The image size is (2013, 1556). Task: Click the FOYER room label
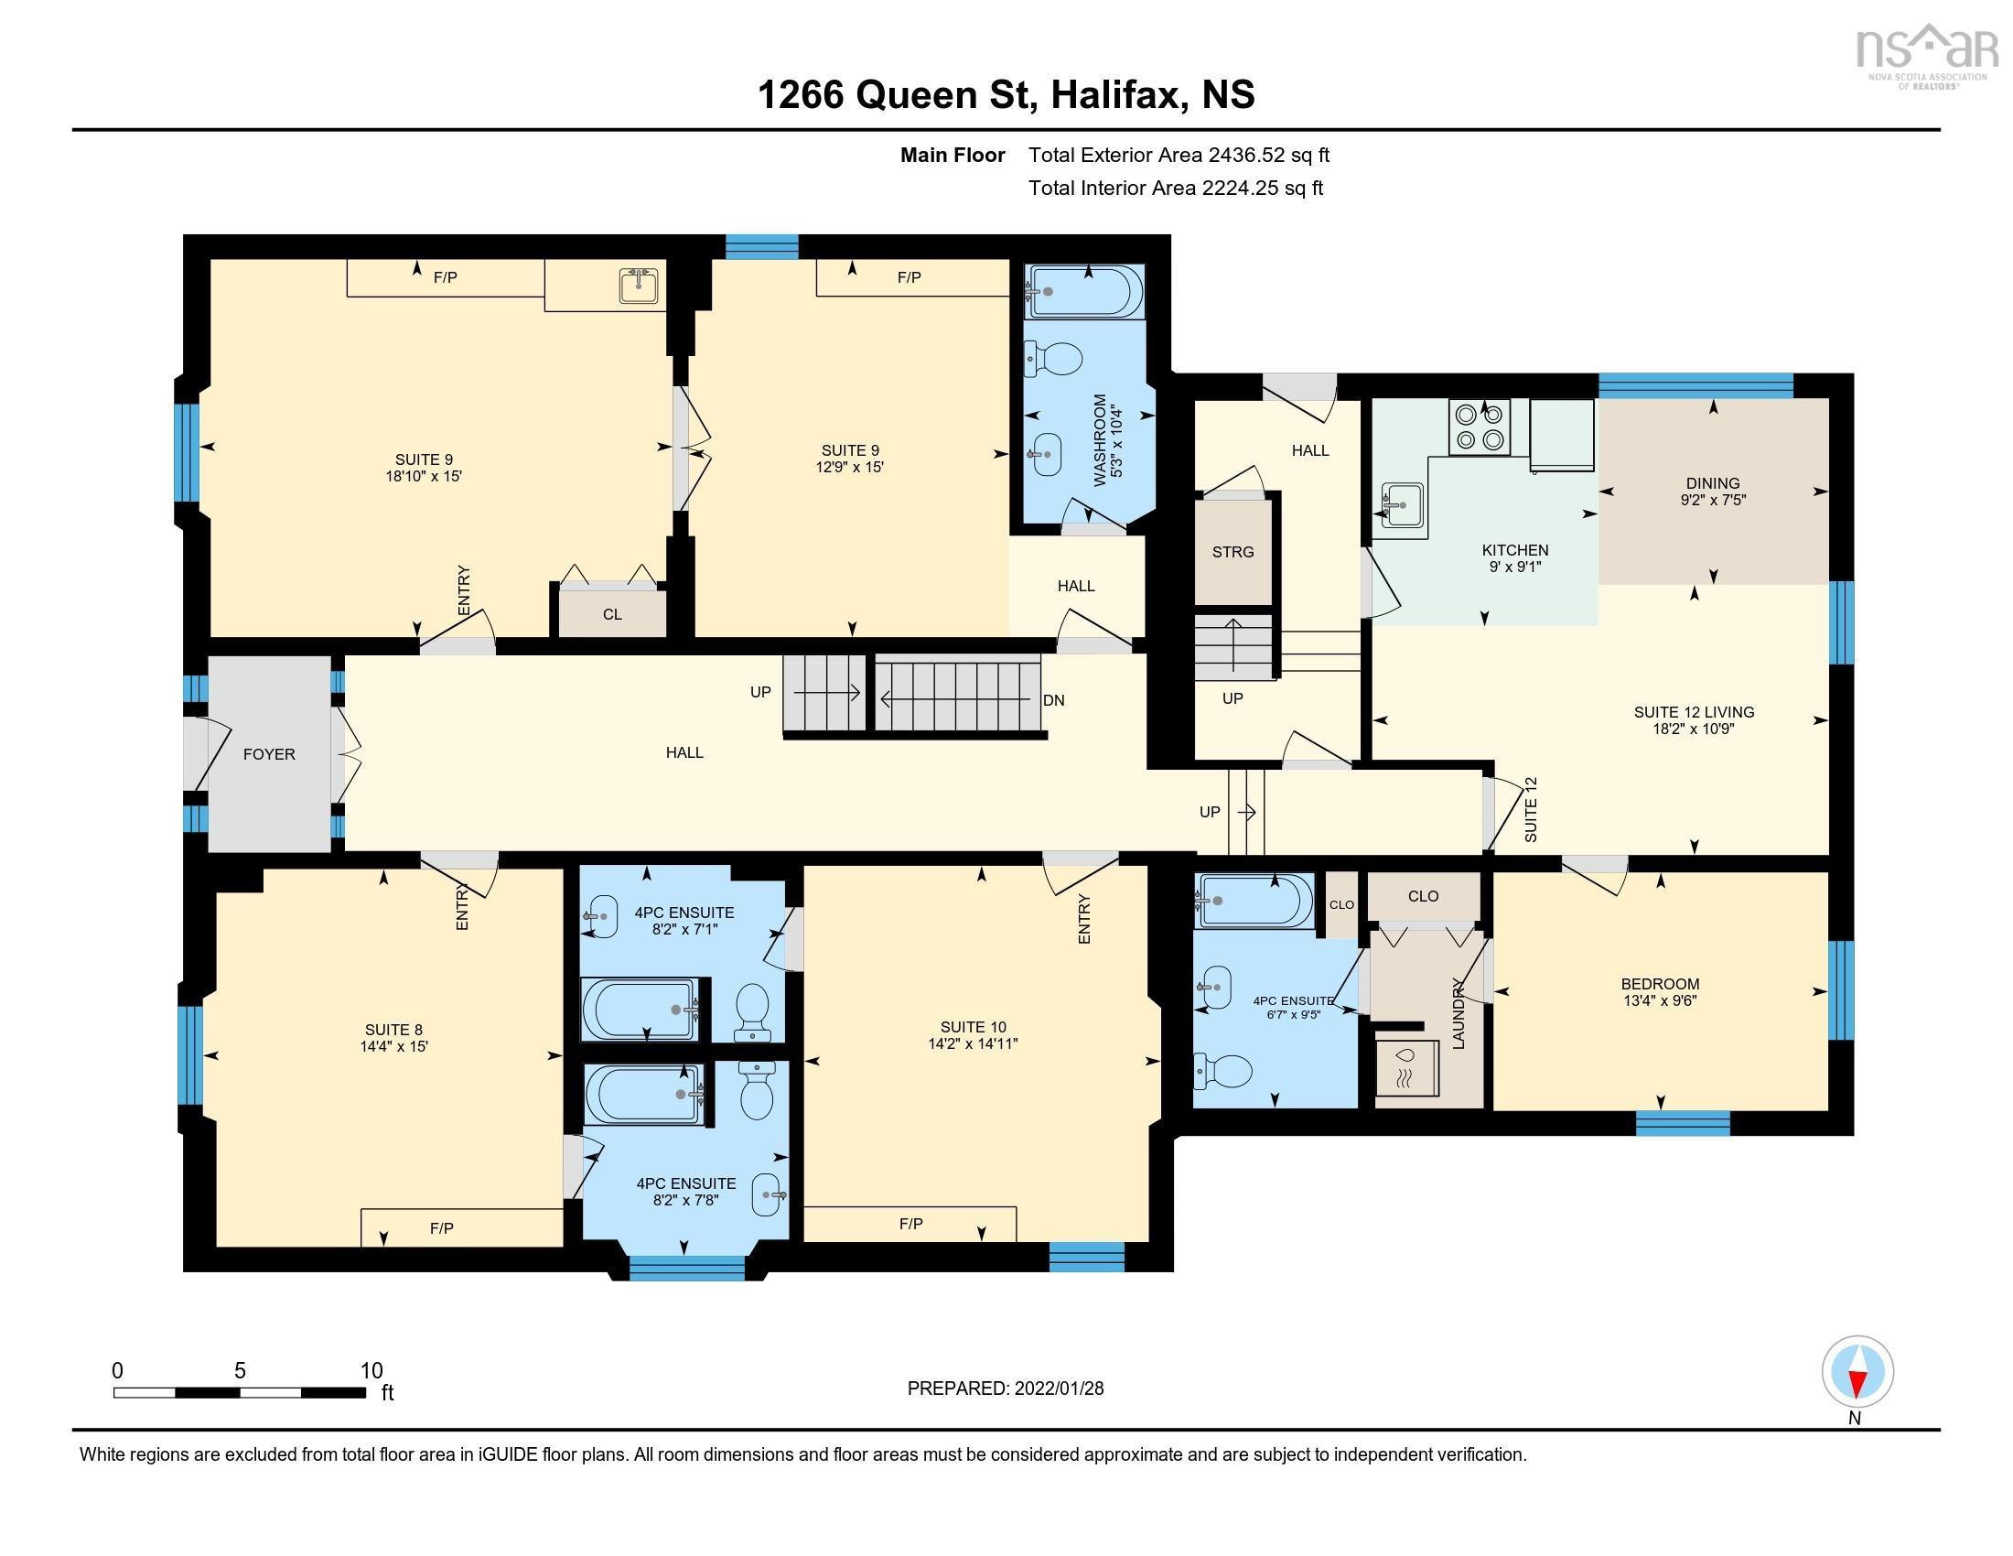269,754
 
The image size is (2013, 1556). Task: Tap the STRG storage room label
1233,552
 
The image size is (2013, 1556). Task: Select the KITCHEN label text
1514,550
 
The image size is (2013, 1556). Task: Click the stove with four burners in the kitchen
1480,427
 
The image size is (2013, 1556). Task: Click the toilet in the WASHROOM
1052,359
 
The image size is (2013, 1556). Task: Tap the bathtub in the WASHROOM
1086,291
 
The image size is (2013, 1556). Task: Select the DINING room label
1713,483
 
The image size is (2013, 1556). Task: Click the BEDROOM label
1660,984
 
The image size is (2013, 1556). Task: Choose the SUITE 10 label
974,1027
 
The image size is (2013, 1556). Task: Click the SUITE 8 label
393,1030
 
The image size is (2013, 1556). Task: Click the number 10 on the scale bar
371,1371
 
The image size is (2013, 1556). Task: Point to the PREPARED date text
1006,1389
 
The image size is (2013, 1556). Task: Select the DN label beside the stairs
1053,700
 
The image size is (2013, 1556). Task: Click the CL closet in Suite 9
612,613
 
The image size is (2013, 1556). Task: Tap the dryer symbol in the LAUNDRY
1406,1068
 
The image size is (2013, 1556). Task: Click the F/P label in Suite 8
442,1227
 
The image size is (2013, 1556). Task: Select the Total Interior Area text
1175,188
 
